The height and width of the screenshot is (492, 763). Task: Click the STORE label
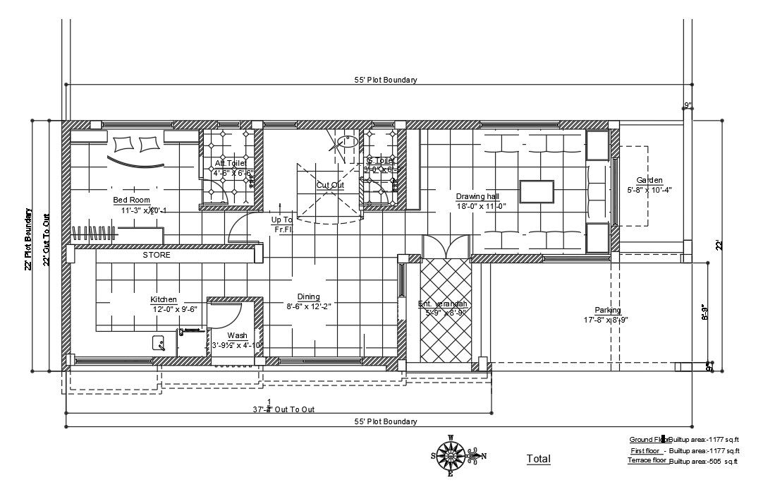tap(157, 255)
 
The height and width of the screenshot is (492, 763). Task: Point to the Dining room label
tap(308, 296)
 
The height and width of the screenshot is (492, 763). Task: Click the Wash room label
tap(237, 335)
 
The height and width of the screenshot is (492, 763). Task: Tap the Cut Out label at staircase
tap(330, 185)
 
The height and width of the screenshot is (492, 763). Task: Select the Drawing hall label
tap(477, 196)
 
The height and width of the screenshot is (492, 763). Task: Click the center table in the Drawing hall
tap(537, 191)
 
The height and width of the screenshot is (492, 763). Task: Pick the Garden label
tap(649, 180)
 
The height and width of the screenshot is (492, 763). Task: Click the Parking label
tap(607, 310)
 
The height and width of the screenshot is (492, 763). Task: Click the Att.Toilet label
tap(230, 163)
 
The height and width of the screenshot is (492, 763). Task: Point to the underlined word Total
tap(538, 459)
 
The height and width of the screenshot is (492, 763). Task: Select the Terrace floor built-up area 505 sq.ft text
tap(703, 462)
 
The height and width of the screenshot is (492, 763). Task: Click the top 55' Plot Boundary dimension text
tap(385, 80)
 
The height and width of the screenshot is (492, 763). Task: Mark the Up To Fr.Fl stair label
tap(282, 224)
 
